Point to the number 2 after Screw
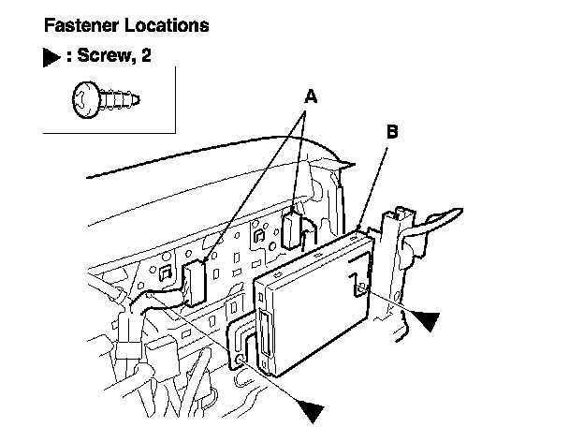click(x=146, y=57)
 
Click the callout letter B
click(x=393, y=132)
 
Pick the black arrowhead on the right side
click(x=427, y=321)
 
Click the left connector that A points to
click(x=196, y=282)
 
